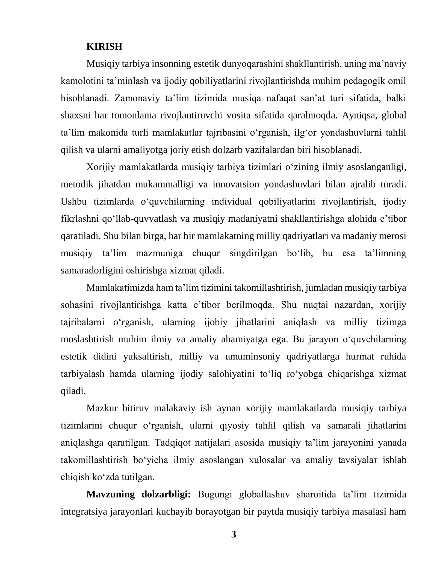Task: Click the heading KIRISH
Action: coord(104,47)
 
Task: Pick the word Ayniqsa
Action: coord(359,115)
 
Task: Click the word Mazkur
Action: coord(102,408)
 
